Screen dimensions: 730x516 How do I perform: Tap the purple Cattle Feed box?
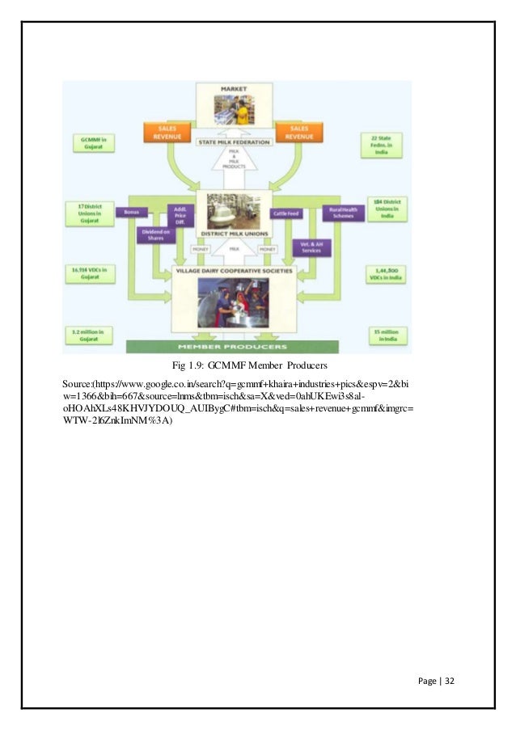point(286,213)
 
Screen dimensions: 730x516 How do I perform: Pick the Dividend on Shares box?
point(153,235)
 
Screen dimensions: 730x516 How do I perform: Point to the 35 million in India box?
point(380,333)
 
